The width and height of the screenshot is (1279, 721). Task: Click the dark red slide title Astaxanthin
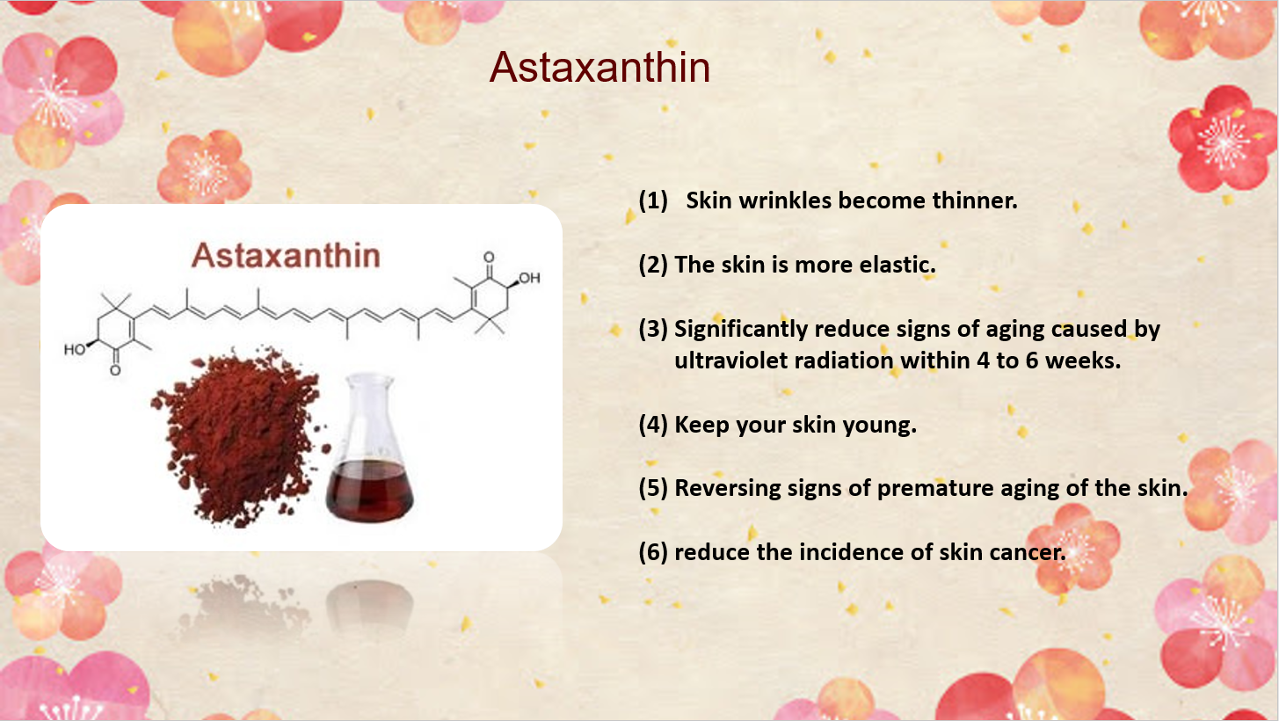point(600,68)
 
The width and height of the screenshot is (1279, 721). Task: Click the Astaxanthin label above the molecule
point(286,255)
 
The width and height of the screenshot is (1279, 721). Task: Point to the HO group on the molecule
point(75,349)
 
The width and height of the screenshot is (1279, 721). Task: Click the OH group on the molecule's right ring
point(529,278)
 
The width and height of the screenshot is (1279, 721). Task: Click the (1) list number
point(653,200)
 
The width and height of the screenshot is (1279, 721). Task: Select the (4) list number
point(653,425)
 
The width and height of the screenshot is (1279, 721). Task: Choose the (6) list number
point(653,552)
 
